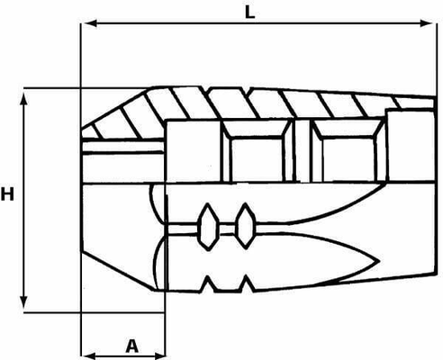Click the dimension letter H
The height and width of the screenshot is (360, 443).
pos(7,193)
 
